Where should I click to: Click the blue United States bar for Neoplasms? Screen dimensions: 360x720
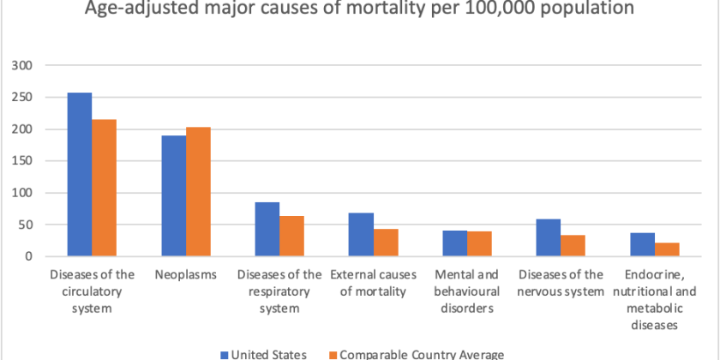(174, 195)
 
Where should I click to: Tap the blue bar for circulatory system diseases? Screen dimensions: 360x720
(80, 174)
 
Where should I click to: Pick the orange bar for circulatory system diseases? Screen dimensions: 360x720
(105, 188)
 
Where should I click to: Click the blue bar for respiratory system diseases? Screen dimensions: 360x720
(267, 229)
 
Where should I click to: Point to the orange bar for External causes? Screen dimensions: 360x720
(386, 243)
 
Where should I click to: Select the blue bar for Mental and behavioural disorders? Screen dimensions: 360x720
(455, 243)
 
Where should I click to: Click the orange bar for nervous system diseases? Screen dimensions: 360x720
(573, 245)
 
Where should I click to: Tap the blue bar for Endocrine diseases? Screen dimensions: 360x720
(643, 244)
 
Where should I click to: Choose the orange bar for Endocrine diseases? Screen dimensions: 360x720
(667, 249)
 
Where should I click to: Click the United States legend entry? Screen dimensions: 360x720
(261, 354)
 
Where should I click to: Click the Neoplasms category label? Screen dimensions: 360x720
(186, 274)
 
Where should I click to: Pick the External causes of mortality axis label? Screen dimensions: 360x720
(374, 283)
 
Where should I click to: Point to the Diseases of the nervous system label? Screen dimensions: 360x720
(561, 283)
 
